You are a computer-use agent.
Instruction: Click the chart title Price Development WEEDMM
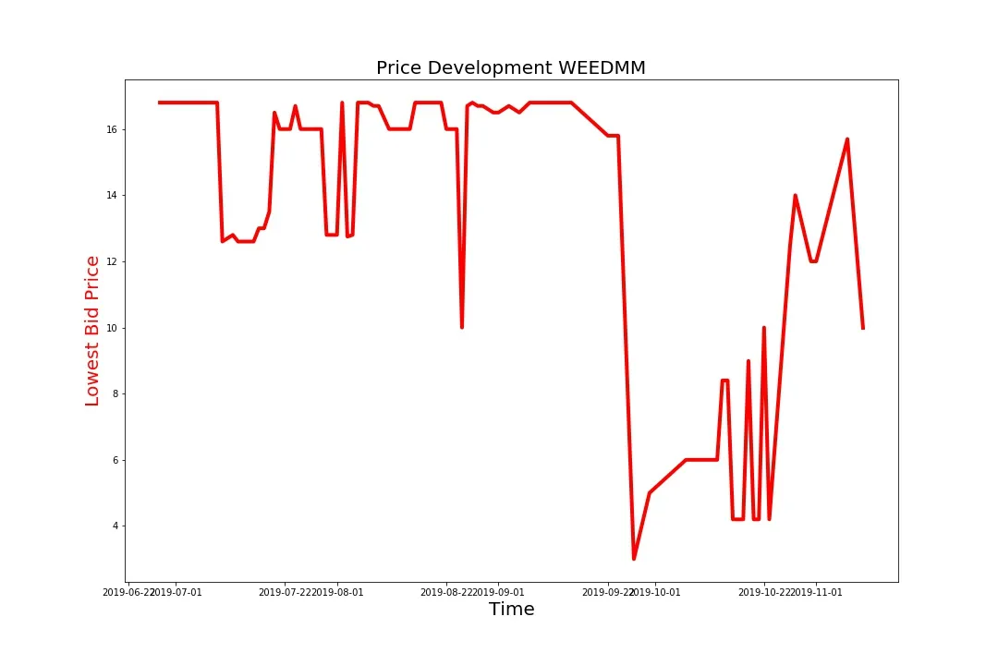tap(511, 67)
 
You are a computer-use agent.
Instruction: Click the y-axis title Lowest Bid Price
tap(92, 331)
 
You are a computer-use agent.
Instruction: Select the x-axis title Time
tap(511, 610)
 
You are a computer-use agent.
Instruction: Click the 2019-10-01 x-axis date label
tap(656, 592)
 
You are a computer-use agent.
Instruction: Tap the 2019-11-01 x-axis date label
tap(818, 592)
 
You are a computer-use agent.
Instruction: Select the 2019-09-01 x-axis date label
tap(499, 592)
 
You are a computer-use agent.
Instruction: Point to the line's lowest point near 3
tap(634, 559)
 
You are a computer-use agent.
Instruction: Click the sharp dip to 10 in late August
tap(462, 327)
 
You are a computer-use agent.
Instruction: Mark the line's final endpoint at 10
tap(863, 328)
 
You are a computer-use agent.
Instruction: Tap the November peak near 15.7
tap(847, 139)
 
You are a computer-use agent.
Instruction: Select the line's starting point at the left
tap(159, 103)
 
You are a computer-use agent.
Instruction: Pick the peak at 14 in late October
tap(795, 196)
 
